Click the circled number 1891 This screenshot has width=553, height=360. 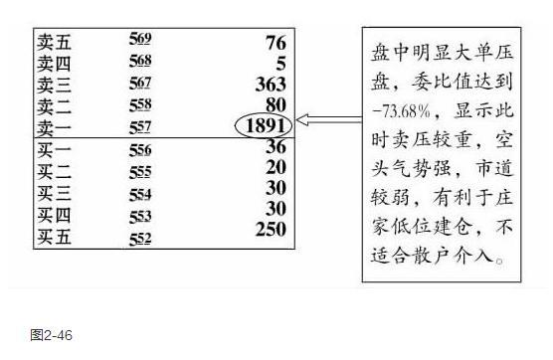(264, 126)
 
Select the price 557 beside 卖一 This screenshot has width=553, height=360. (139, 126)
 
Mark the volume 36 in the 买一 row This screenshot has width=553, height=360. (276, 147)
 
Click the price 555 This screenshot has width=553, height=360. (139, 171)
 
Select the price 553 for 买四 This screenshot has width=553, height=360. (139, 215)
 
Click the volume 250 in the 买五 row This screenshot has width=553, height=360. (269, 230)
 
